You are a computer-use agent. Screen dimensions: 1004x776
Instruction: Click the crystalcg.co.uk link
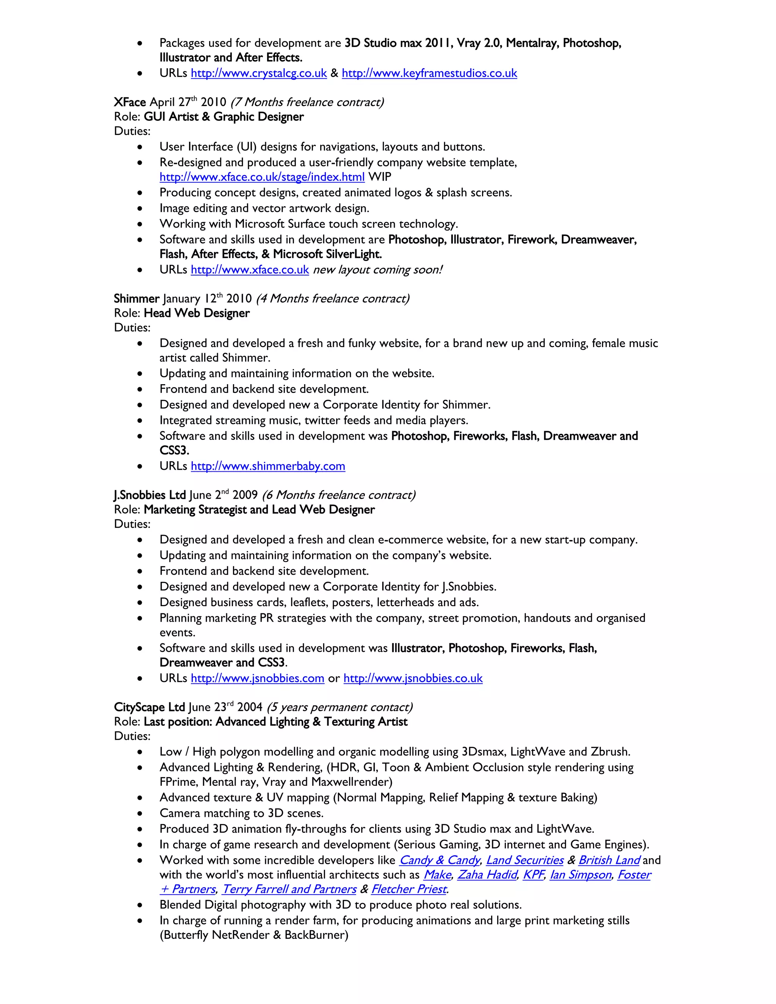pos(259,73)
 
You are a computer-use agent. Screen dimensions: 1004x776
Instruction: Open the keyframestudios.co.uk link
pos(429,73)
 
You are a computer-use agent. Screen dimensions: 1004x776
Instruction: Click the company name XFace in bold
pos(130,102)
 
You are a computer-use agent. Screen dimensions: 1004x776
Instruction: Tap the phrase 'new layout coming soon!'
pos(377,270)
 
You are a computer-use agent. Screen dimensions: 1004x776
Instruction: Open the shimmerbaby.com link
pos(268,466)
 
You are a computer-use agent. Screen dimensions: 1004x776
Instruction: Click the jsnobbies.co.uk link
pos(413,679)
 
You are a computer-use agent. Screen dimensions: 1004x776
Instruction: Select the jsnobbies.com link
pos(257,679)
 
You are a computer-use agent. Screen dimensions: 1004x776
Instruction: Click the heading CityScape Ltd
pos(149,707)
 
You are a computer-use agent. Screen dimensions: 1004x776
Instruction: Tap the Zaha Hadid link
pos(487,875)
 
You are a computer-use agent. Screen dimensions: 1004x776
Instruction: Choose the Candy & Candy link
pos(440,860)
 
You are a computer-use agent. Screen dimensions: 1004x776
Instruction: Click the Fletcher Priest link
pos(409,890)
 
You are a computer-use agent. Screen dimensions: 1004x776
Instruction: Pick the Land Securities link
pos(524,860)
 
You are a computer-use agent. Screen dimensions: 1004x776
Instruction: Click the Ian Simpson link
pos(580,875)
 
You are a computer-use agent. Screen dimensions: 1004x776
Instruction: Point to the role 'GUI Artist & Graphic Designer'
pos(224,117)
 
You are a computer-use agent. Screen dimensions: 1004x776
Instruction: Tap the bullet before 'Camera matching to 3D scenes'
pos(140,813)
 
